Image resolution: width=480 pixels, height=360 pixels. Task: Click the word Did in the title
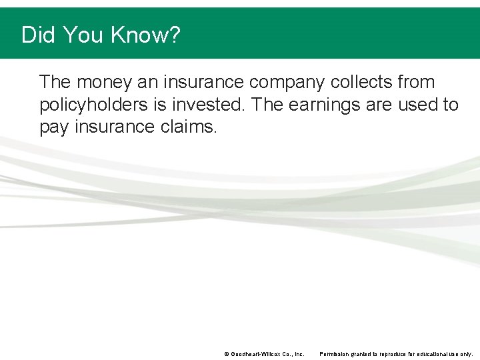point(38,35)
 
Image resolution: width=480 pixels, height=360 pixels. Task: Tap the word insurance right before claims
point(114,127)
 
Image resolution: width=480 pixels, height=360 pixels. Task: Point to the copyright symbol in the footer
point(227,354)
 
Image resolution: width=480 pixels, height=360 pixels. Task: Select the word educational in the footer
point(425,354)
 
